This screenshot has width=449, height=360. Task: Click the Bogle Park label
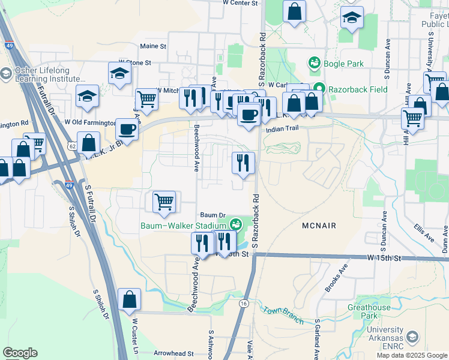[339, 63]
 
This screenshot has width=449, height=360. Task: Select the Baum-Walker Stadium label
[185, 226]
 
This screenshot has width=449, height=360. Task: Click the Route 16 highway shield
[244, 304]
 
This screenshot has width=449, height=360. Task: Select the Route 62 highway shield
[72, 145]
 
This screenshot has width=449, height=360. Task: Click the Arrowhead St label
[174, 354]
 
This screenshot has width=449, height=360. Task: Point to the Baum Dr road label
[212, 215]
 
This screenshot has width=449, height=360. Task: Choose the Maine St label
[152, 46]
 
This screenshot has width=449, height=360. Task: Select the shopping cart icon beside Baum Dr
[164, 202]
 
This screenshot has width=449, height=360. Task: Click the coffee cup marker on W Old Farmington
[127, 128]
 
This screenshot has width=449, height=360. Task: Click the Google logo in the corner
[20, 353]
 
